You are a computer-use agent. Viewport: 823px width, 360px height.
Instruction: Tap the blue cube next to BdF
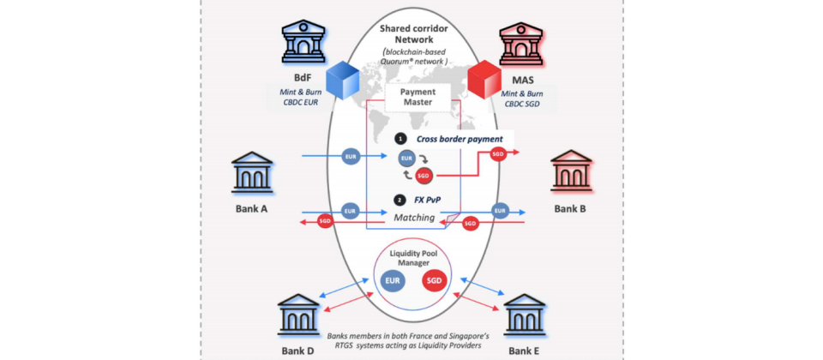343,80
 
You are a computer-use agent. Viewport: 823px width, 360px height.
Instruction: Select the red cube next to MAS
484,80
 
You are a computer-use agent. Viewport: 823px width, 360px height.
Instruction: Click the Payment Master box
418,97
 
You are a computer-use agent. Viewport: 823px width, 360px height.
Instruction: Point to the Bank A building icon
252,172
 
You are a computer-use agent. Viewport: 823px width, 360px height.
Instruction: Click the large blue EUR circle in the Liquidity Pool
393,280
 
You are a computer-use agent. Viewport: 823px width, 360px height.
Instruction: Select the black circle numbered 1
401,140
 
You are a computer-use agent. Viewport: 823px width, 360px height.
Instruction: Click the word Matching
415,217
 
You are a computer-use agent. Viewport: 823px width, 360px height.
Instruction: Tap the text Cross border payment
460,139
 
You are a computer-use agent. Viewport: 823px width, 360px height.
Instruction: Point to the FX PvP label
430,200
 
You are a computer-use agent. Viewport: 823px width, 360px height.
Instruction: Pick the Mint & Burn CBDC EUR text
299,96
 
